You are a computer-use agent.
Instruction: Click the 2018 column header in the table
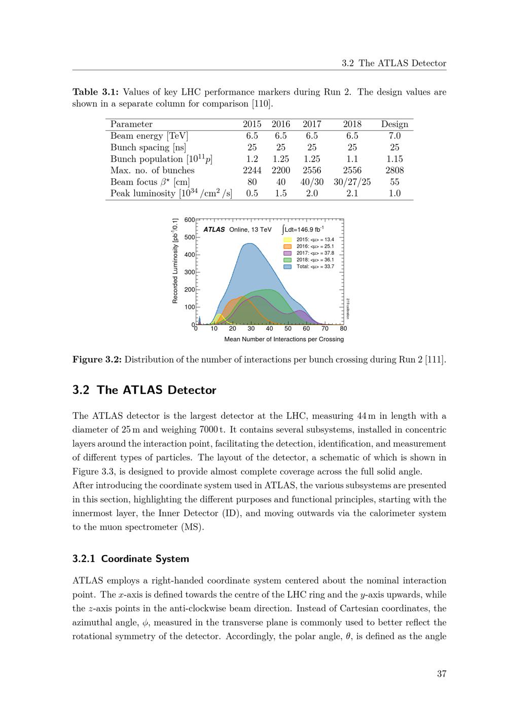click(x=352, y=124)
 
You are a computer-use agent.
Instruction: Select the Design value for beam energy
click(x=394, y=136)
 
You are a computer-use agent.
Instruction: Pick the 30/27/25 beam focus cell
click(x=352, y=182)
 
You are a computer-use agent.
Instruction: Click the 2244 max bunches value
click(x=252, y=170)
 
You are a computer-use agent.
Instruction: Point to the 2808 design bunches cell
click(x=394, y=170)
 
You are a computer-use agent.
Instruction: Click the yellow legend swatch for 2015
click(x=287, y=240)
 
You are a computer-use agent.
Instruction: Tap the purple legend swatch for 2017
click(x=287, y=253)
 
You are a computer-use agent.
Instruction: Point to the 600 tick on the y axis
click(x=189, y=220)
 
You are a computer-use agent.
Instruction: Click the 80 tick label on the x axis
click(x=343, y=329)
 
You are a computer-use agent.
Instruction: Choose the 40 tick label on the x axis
click(x=270, y=329)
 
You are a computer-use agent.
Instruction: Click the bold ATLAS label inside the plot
click(x=214, y=229)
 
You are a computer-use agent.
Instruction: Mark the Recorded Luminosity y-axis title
click(x=175, y=261)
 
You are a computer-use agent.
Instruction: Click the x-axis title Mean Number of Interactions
click(x=284, y=339)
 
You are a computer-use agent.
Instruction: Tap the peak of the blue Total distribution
click(x=249, y=244)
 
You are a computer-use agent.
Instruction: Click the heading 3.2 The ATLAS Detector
click(x=144, y=390)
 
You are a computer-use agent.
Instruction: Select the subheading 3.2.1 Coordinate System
click(x=131, y=559)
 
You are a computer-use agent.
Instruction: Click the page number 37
click(x=441, y=674)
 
